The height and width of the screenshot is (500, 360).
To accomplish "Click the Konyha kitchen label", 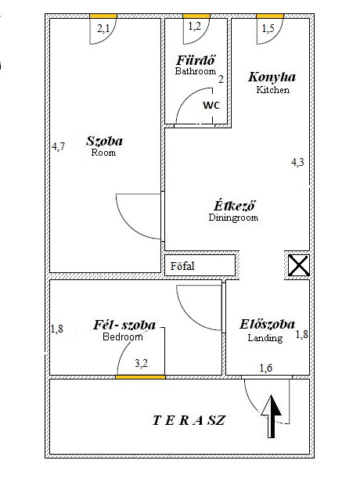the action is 272,77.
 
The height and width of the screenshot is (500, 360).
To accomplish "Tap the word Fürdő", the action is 196,60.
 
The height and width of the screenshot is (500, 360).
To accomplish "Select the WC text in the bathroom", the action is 211,105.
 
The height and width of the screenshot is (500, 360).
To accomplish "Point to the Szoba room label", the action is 104,141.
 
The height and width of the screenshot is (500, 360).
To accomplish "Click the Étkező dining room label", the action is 235,206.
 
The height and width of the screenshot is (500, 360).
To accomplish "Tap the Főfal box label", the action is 182,266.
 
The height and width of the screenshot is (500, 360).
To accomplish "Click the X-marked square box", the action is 298,265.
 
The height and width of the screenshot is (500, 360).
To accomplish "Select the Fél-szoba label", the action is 124,325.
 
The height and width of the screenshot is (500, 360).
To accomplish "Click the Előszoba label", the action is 267,324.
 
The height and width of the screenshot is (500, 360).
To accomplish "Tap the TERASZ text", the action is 189,420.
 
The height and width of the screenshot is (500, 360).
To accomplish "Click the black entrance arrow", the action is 272,416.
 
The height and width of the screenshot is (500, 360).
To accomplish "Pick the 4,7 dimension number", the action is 59,146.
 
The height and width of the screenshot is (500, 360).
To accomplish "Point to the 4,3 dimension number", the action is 297,162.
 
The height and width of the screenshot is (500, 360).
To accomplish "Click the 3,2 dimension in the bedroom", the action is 141,363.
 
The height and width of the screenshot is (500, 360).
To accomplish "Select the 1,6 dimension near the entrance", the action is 266,369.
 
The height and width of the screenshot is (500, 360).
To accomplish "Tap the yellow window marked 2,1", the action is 103,16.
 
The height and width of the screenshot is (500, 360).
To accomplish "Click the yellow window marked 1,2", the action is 196,16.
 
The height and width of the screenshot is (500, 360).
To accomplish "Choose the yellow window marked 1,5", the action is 270,16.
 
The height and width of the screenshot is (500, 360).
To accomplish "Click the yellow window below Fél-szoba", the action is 140,377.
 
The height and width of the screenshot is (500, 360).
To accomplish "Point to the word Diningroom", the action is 233,218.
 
